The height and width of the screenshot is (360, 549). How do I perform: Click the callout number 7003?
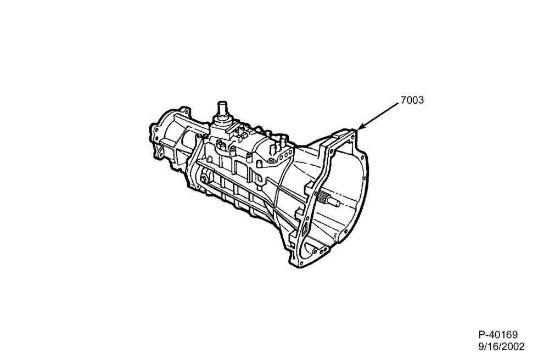point(412,100)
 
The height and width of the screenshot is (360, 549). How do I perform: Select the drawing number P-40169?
point(498,335)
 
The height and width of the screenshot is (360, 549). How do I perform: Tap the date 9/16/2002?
point(502,347)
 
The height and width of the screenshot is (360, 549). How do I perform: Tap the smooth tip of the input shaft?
point(336,202)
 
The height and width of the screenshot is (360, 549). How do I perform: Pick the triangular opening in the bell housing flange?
point(305,230)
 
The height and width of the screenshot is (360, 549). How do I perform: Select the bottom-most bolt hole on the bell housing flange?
point(300,262)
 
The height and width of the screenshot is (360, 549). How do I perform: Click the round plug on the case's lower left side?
point(204,179)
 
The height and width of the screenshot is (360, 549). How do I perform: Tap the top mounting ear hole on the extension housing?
point(187,112)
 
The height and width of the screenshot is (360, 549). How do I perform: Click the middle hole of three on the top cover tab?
point(286,154)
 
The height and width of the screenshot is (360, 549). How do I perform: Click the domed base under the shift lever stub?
point(222,121)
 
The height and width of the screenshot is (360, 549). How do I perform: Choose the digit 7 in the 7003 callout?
point(404,100)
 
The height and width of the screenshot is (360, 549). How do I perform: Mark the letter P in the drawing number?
point(481,335)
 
